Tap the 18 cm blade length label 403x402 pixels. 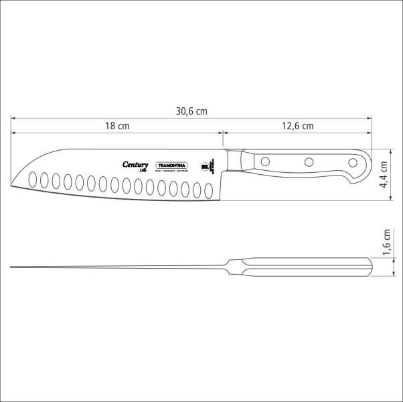point(116,126)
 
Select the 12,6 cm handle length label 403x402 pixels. point(297,126)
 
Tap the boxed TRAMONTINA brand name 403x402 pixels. point(172,165)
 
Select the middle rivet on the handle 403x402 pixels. point(309,161)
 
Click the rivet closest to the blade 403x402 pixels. point(265,161)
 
